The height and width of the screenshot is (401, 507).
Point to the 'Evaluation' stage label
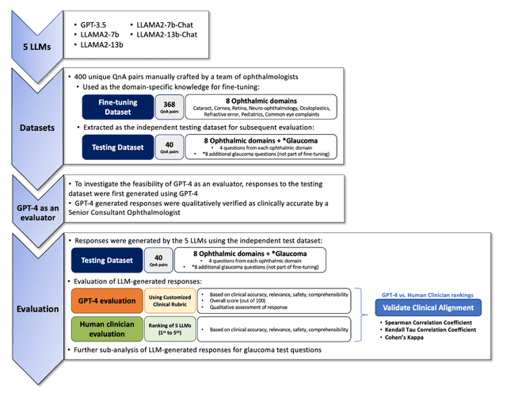pyautogui.click(x=36, y=309)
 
